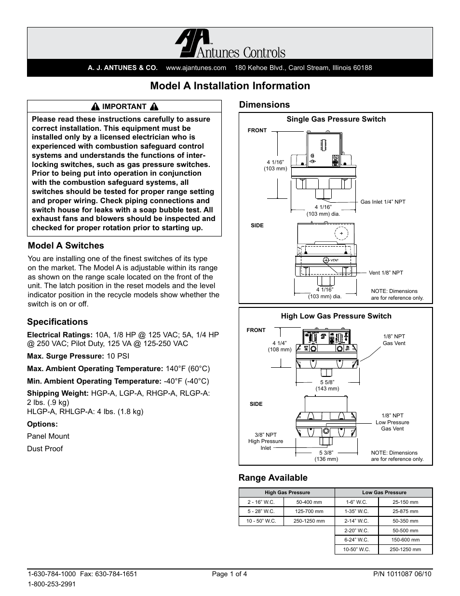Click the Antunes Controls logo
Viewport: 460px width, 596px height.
[230, 44]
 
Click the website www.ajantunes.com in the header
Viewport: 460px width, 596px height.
[196, 68]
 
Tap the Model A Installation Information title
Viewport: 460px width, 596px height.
[230, 86]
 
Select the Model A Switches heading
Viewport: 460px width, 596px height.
[66, 246]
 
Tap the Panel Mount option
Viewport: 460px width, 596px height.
[48, 436]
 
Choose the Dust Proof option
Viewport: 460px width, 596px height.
[45, 449]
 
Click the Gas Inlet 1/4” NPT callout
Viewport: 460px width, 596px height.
[383, 202]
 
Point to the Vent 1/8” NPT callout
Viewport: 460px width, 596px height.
[386, 273]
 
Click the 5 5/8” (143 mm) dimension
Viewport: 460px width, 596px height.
[327, 385]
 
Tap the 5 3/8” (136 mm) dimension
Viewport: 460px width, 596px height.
[326, 456]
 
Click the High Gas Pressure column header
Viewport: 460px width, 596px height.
[287, 493]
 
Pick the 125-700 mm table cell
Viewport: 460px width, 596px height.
[310, 512]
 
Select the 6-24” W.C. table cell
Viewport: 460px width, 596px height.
[356, 540]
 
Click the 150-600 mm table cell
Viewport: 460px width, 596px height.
[405, 540]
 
